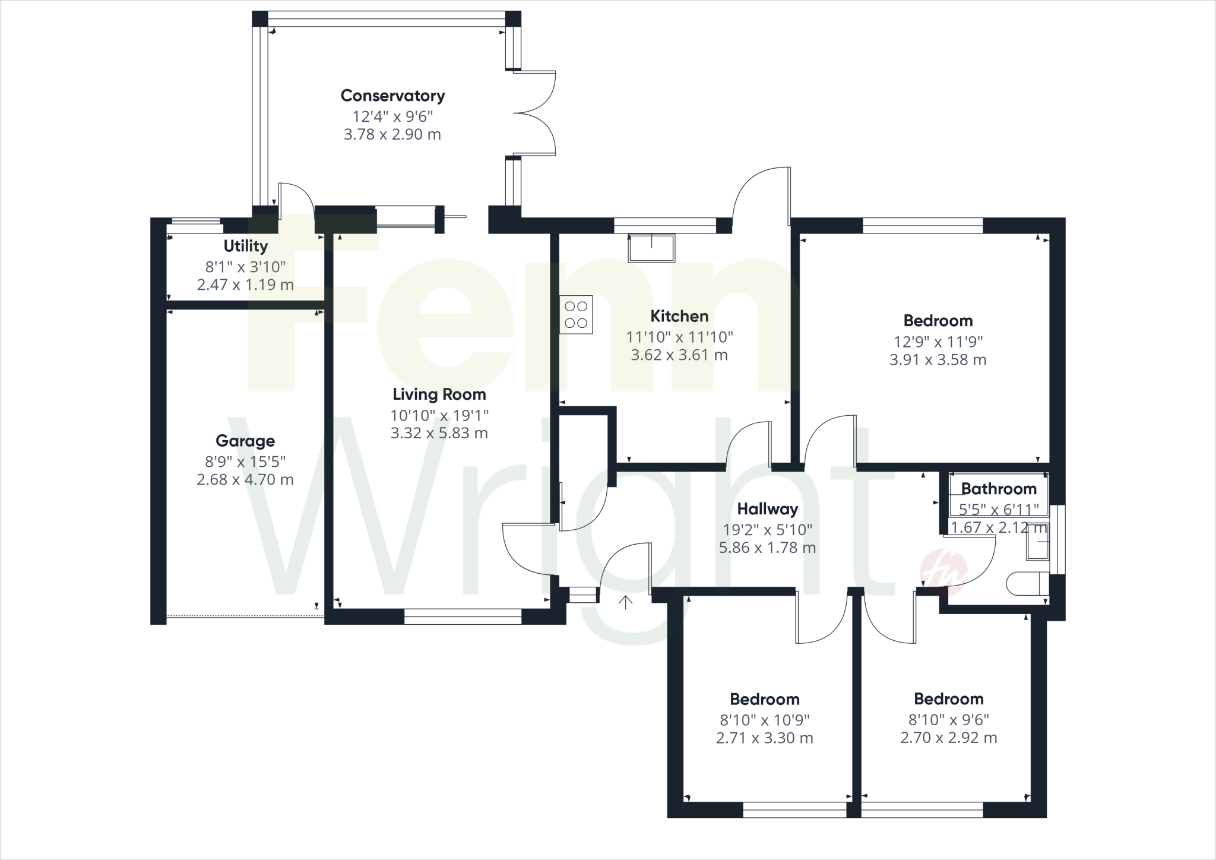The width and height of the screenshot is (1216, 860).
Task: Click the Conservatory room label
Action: pyautogui.click(x=392, y=96)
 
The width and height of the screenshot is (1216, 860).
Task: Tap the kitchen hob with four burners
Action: pyautogui.click(x=576, y=315)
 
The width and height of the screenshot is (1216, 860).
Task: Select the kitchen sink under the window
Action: pyautogui.click(x=651, y=248)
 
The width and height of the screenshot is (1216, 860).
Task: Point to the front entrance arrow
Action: pyautogui.click(x=625, y=602)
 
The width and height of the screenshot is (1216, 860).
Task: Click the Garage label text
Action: pyautogui.click(x=245, y=441)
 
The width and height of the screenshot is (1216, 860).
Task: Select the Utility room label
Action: pyautogui.click(x=245, y=246)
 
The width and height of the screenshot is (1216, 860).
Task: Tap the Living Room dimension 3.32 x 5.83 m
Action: pyautogui.click(x=439, y=433)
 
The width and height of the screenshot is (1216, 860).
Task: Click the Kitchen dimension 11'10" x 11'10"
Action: pyautogui.click(x=679, y=337)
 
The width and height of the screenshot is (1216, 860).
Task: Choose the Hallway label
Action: pyautogui.click(x=767, y=509)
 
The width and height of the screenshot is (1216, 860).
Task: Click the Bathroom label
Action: pyautogui.click(x=999, y=489)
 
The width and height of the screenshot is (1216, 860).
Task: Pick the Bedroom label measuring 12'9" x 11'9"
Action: pyautogui.click(x=938, y=321)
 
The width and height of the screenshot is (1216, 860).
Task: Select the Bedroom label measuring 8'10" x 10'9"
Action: pyautogui.click(x=764, y=699)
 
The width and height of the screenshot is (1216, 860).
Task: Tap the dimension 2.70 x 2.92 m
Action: pyautogui.click(x=948, y=738)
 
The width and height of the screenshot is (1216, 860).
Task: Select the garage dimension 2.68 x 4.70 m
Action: pyautogui.click(x=245, y=479)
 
